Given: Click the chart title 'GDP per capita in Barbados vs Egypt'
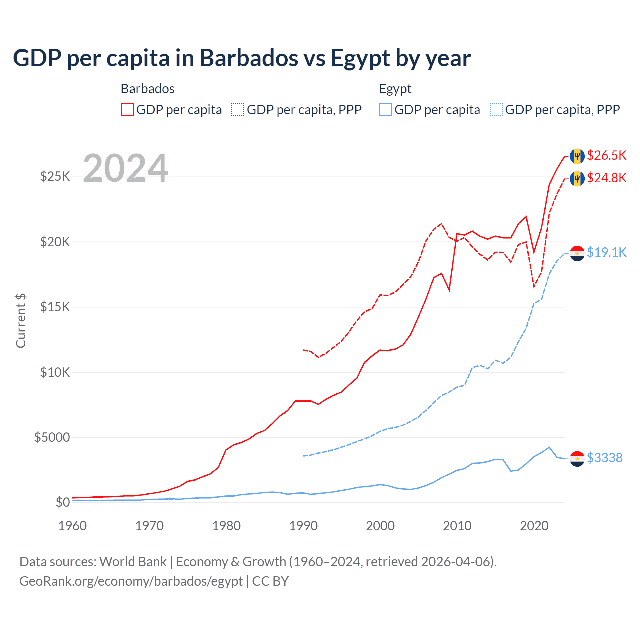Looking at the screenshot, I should click(241, 58).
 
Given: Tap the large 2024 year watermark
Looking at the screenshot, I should click(125, 168).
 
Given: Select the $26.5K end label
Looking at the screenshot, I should click(606, 156).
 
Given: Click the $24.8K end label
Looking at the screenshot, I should click(606, 178).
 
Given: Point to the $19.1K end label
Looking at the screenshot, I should click(606, 253).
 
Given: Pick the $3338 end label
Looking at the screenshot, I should click(604, 458).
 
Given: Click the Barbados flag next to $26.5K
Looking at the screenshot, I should click(577, 156).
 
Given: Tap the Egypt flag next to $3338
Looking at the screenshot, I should click(577, 458).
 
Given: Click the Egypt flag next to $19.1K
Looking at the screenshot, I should click(577, 253).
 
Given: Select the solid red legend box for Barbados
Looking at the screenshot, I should click(127, 110).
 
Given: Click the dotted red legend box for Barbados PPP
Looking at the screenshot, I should click(238, 110).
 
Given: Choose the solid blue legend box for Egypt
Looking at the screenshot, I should click(385, 110).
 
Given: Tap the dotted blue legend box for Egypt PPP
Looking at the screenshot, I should click(496, 110).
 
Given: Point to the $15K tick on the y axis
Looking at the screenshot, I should click(55, 307).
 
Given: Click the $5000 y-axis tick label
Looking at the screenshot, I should click(52, 438).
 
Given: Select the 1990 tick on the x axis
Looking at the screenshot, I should click(303, 526).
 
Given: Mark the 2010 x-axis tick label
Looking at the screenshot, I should click(457, 526).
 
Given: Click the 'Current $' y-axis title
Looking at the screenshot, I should click(21, 321).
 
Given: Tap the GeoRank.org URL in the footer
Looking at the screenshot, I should click(131, 581).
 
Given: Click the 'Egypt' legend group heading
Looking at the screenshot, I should click(395, 89).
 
